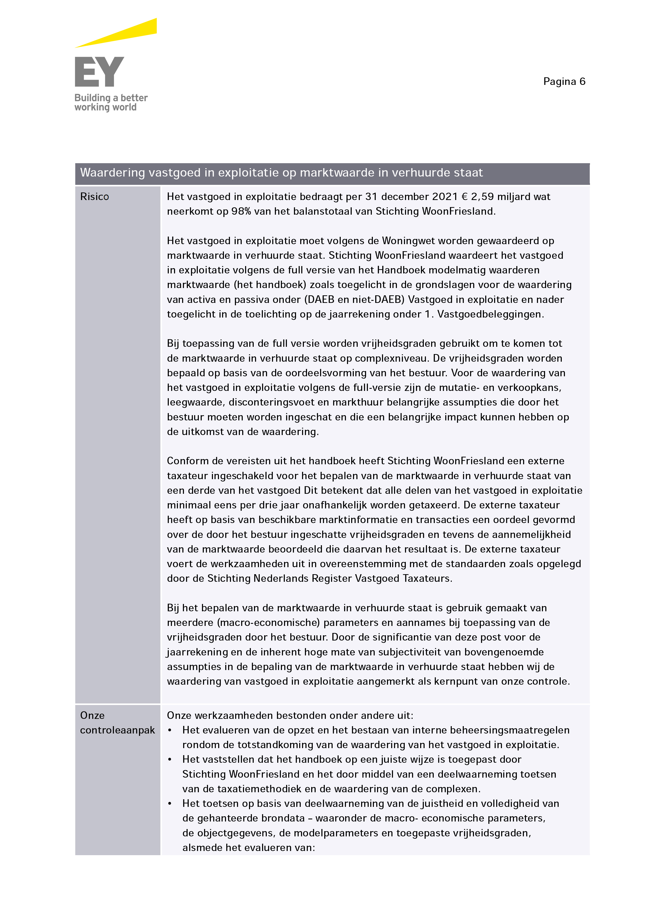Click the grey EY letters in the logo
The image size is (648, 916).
(x=99, y=72)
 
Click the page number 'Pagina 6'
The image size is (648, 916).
(x=564, y=82)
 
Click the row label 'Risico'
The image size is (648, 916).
(x=95, y=197)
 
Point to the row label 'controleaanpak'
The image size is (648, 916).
(x=117, y=730)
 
